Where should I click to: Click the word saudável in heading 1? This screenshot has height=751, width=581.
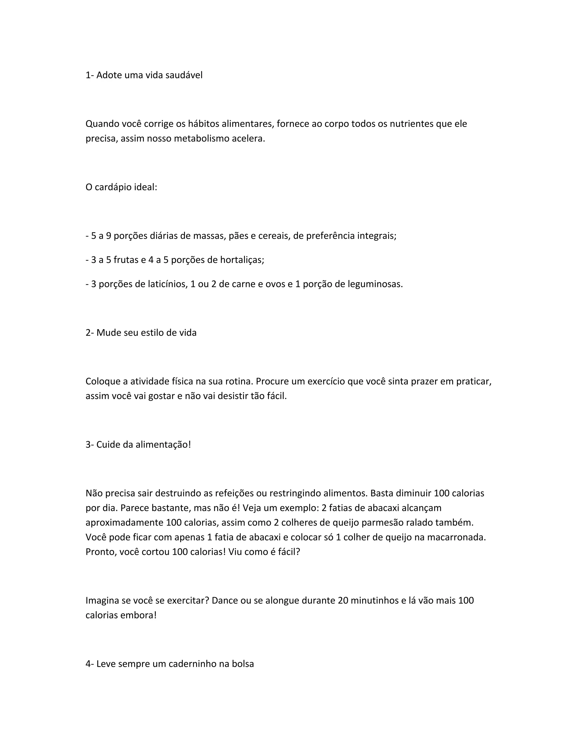coord(184,75)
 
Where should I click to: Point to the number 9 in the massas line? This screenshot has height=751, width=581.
coord(108,236)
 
